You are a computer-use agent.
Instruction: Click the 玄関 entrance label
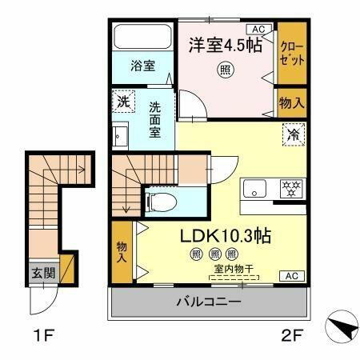(43, 273)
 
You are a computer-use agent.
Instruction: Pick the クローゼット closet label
(291, 54)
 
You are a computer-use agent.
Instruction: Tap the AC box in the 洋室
(258, 30)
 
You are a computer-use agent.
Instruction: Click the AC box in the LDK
(291, 276)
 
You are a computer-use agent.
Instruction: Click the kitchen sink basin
(255, 190)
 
